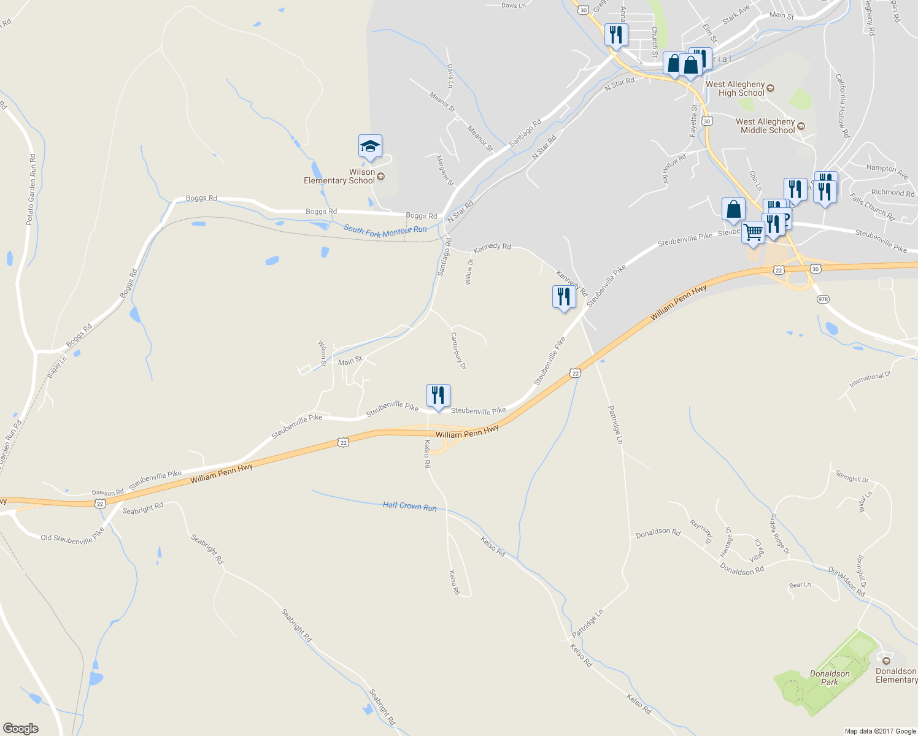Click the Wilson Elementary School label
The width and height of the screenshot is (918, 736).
339,177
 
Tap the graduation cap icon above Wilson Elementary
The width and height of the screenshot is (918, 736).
370,147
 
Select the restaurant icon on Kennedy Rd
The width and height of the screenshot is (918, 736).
563,297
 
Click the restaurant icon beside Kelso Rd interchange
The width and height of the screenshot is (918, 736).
438,395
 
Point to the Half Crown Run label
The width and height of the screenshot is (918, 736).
409,506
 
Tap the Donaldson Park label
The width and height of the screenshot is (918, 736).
830,678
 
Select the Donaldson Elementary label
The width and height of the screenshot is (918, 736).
896,675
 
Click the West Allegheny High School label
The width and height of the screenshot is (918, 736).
735,89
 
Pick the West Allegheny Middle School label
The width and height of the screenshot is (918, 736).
765,126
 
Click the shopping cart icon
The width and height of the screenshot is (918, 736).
753,232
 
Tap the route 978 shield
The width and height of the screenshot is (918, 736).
823,299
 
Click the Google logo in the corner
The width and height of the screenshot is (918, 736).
20,728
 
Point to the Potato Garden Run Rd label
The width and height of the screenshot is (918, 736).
31,190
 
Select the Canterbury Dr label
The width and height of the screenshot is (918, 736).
458,350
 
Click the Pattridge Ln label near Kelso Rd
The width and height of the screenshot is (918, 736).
587,623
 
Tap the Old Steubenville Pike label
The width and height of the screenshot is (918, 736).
72,539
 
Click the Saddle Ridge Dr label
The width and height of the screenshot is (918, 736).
780,534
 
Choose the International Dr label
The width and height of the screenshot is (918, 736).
870,380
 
